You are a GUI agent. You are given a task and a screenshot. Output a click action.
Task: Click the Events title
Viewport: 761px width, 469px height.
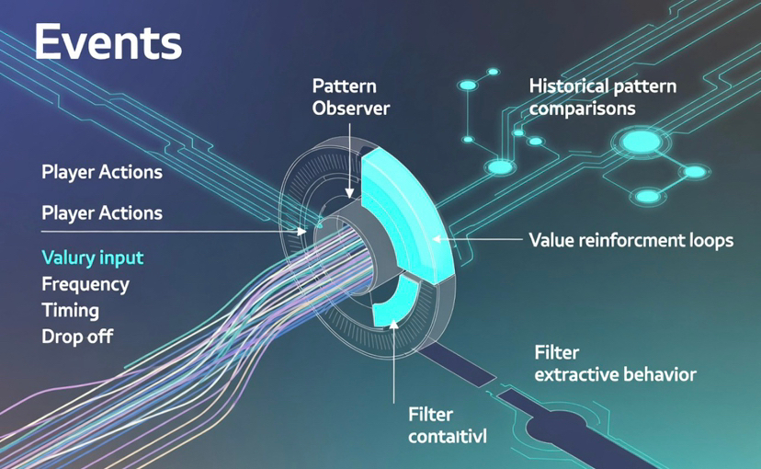pos(108,43)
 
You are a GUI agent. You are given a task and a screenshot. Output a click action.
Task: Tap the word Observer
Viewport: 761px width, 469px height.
pos(350,108)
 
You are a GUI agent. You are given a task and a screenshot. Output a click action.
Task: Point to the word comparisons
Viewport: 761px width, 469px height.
pos(582,108)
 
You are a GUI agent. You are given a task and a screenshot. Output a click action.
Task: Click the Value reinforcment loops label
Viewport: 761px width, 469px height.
pos(630,241)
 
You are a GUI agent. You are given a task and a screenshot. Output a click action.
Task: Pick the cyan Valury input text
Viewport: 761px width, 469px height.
pos(91,258)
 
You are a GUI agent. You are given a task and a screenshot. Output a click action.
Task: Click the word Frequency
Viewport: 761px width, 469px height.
pos(85,284)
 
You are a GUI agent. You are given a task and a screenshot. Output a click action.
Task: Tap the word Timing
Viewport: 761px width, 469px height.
pos(70,310)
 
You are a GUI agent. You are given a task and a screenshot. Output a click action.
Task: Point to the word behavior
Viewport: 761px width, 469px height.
pos(658,374)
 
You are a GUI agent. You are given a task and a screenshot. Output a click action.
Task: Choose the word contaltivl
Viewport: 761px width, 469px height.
pos(446,436)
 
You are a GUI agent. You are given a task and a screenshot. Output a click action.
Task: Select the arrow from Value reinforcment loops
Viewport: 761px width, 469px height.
pos(478,240)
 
